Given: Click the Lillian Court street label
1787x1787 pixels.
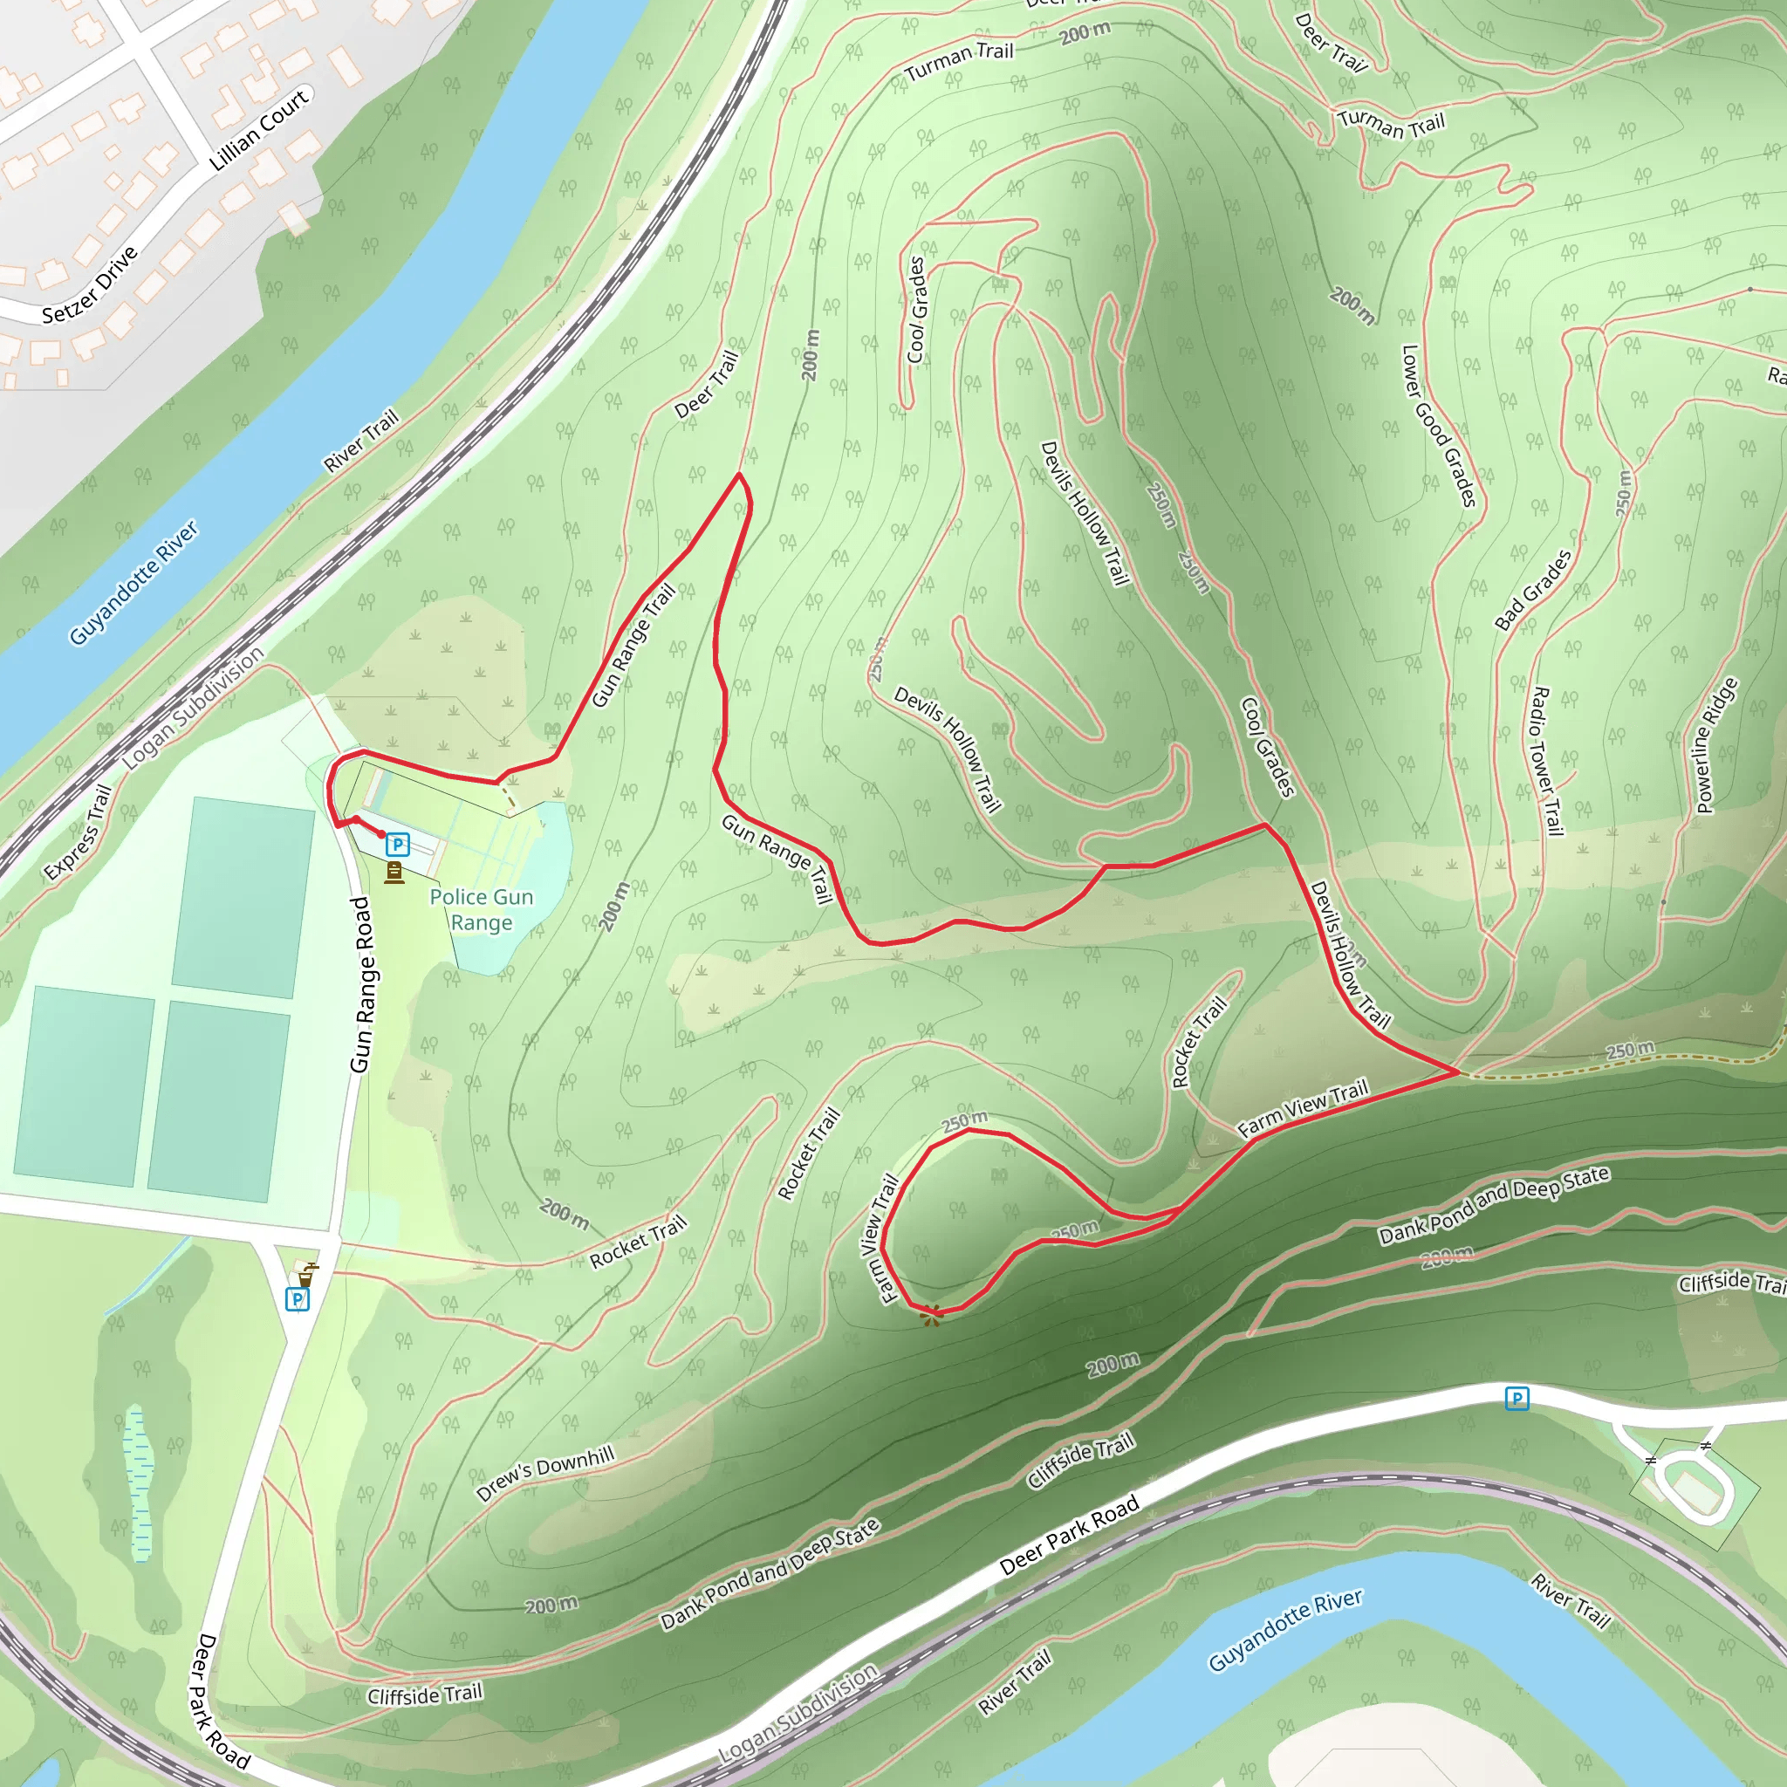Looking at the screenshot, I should click(258, 129).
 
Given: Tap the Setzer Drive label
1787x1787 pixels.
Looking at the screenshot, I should click(90, 284).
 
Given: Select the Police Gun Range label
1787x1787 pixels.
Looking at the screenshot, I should click(481, 909).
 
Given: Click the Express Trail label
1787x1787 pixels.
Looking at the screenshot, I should click(78, 832).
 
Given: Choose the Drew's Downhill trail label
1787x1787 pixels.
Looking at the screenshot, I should click(544, 1474).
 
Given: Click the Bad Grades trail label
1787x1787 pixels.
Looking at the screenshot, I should click(1532, 590).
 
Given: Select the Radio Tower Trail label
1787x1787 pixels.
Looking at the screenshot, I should click(1546, 760).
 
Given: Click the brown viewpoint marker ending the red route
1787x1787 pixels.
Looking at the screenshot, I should click(931, 1314).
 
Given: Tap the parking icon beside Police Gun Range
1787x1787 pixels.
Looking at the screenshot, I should click(398, 844).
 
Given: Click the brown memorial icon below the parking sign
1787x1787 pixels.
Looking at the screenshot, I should click(394, 873).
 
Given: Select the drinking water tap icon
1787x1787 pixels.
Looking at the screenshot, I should click(306, 1275).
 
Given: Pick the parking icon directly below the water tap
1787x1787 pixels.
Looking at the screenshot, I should click(297, 1299).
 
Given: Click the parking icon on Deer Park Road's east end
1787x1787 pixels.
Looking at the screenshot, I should click(1516, 1399).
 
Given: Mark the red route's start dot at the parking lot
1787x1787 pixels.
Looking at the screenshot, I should click(381, 834).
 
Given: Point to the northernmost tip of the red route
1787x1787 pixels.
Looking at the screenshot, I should click(739, 475).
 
